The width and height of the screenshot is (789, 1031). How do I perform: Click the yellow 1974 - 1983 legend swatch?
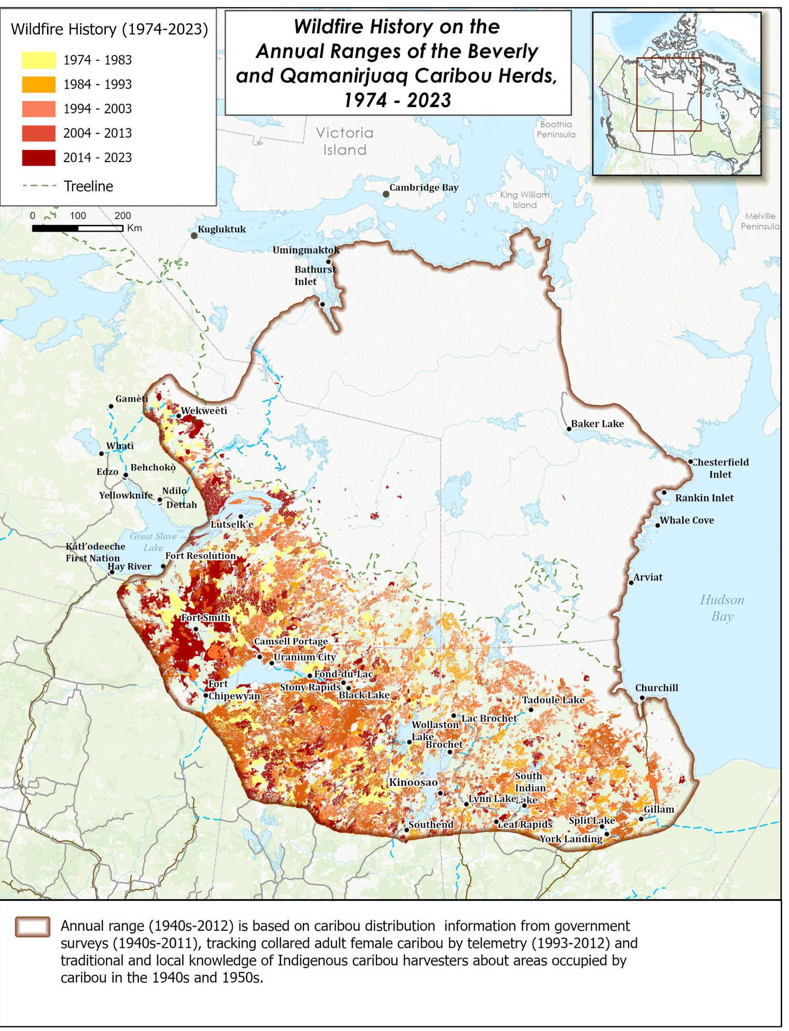pyautogui.click(x=39, y=60)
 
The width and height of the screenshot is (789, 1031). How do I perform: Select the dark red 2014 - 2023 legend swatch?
pyautogui.click(x=39, y=158)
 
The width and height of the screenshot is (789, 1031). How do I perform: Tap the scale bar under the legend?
pyautogui.click(x=77, y=228)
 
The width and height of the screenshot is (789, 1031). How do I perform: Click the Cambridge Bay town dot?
pyautogui.click(x=385, y=194)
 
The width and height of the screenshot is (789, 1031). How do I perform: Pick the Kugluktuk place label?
pyautogui.click(x=221, y=229)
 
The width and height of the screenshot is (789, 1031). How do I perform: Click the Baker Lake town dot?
pyautogui.click(x=569, y=429)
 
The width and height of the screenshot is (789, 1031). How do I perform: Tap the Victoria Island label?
pyautogui.click(x=344, y=141)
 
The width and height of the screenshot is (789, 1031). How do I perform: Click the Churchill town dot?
pyautogui.click(x=642, y=698)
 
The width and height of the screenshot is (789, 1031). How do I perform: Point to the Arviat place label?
pyautogui.click(x=648, y=577)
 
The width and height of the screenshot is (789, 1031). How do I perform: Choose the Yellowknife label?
pyautogui.click(x=125, y=495)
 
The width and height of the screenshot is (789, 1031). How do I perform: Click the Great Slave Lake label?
pyautogui.click(x=153, y=542)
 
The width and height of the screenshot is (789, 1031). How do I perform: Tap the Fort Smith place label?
pyautogui.click(x=205, y=617)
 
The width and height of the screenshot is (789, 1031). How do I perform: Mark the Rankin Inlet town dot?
pyautogui.click(x=664, y=493)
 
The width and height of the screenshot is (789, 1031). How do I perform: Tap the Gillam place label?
pyautogui.click(x=659, y=809)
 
